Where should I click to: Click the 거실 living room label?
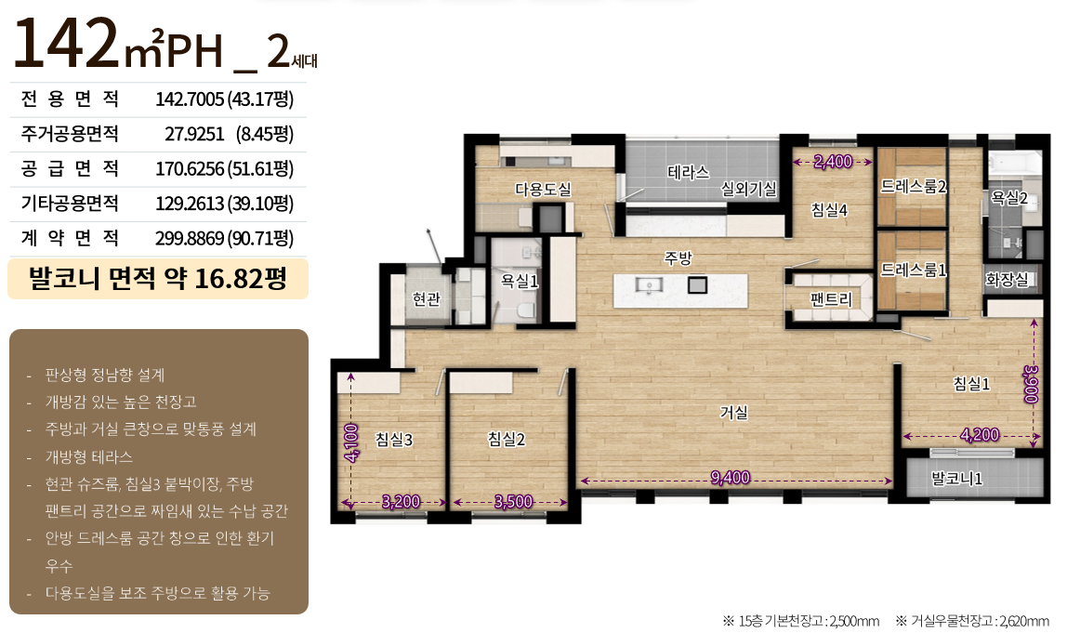pyautogui.click(x=734, y=412)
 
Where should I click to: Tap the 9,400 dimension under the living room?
pyautogui.click(x=731, y=478)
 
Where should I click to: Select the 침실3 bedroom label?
pyautogui.click(x=394, y=439)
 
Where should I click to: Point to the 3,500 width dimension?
pyautogui.click(x=513, y=502)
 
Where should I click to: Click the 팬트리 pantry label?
pyautogui.click(x=831, y=299)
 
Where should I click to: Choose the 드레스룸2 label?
pyautogui.click(x=914, y=186)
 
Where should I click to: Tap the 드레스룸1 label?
pyautogui.click(x=914, y=270)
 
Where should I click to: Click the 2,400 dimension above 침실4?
pyautogui.click(x=833, y=162)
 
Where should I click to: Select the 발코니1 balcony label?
pyautogui.click(x=956, y=479)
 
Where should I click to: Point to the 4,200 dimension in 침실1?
pyautogui.click(x=980, y=434)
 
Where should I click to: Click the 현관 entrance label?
pyautogui.click(x=427, y=298)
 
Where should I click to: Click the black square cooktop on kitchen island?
pyautogui.click(x=697, y=284)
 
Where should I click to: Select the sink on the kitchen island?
pyautogui.click(x=649, y=284)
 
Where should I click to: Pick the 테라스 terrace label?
pyautogui.click(x=689, y=172)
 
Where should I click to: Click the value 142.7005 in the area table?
pyautogui.click(x=190, y=99)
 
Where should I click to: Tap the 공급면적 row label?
pyautogui.click(x=70, y=168)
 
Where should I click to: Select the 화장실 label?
pyautogui.click(x=1008, y=279)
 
